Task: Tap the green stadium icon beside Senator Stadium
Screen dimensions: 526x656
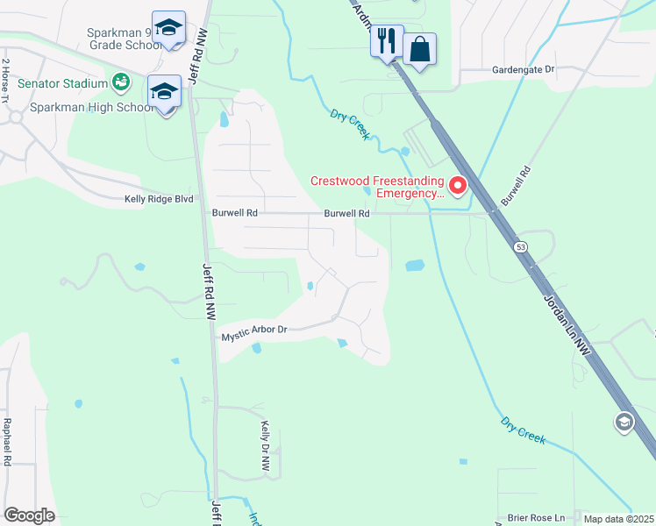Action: (x=121, y=83)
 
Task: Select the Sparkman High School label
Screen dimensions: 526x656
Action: (x=92, y=108)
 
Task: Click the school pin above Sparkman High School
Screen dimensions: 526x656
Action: (x=165, y=91)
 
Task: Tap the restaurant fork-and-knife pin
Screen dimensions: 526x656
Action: (x=386, y=39)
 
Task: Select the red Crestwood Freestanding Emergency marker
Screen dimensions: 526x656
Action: (x=457, y=186)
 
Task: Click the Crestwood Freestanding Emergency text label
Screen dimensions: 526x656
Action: (x=377, y=188)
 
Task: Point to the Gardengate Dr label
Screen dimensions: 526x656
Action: (x=524, y=68)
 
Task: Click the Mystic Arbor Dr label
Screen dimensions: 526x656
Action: (x=254, y=332)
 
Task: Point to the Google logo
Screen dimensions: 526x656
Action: (x=29, y=515)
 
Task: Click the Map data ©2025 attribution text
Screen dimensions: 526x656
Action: (x=618, y=519)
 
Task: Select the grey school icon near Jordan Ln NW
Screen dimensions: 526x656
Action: (x=624, y=423)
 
